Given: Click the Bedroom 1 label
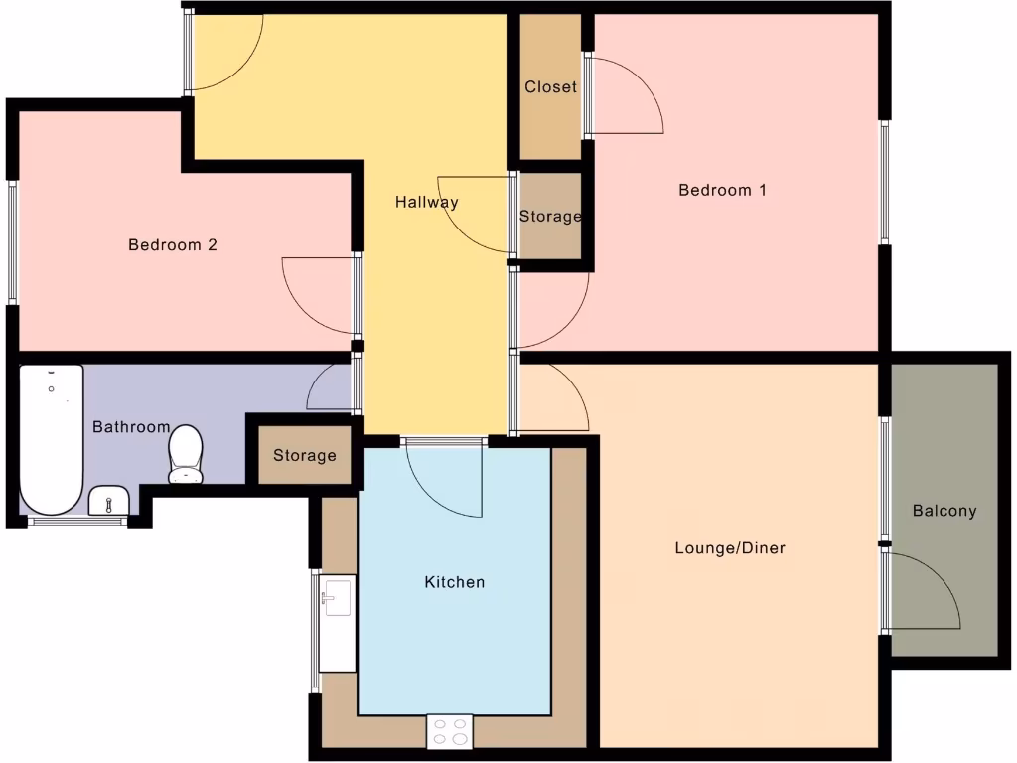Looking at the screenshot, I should [x=722, y=190].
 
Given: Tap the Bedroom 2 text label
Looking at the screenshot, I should [x=173, y=244].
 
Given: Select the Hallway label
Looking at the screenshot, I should [x=427, y=202].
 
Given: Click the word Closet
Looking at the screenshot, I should [x=550, y=87].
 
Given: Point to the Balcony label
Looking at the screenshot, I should [x=944, y=511].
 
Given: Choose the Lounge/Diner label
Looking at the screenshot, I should [x=730, y=547].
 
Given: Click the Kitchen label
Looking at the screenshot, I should [x=455, y=581].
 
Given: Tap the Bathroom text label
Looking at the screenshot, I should [x=131, y=427].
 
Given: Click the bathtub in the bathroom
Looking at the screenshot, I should [x=51, y=437].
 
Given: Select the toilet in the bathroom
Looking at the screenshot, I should [x=186, y=454].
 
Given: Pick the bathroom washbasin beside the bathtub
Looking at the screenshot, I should [x=108, y=501].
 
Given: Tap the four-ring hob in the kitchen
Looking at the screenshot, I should [x=450, y=731].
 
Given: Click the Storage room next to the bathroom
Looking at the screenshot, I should [x=305, y=456].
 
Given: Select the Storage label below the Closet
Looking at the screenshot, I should [x=550, y=216].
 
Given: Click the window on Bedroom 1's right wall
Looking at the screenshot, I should [x=883, y=182].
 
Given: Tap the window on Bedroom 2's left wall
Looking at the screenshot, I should [x=13, y=242].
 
